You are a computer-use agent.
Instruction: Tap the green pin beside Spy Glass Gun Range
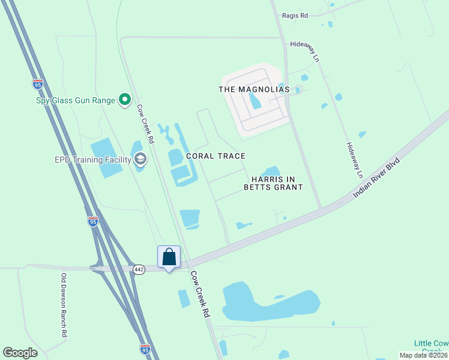click(x=125, y=100)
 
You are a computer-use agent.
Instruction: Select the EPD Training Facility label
click(x=92, y=160)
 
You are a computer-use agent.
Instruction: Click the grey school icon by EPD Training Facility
click(x=140, y=159)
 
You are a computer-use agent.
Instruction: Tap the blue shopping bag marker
click(x=169, y=257)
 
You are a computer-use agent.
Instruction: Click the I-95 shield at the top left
click(x=38, y=85)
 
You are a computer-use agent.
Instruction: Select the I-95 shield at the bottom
click(x=145, y=349)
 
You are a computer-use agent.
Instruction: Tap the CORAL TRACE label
click(x=215, y=156)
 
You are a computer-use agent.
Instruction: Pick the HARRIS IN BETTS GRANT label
click(x=273, y=183)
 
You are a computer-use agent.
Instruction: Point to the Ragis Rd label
click(x=295, y=16)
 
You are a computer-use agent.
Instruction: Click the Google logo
click(x=20, y=353)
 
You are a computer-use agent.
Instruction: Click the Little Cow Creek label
click(x=431, y=347)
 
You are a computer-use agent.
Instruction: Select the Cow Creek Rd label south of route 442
click(x=200, y=294)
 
